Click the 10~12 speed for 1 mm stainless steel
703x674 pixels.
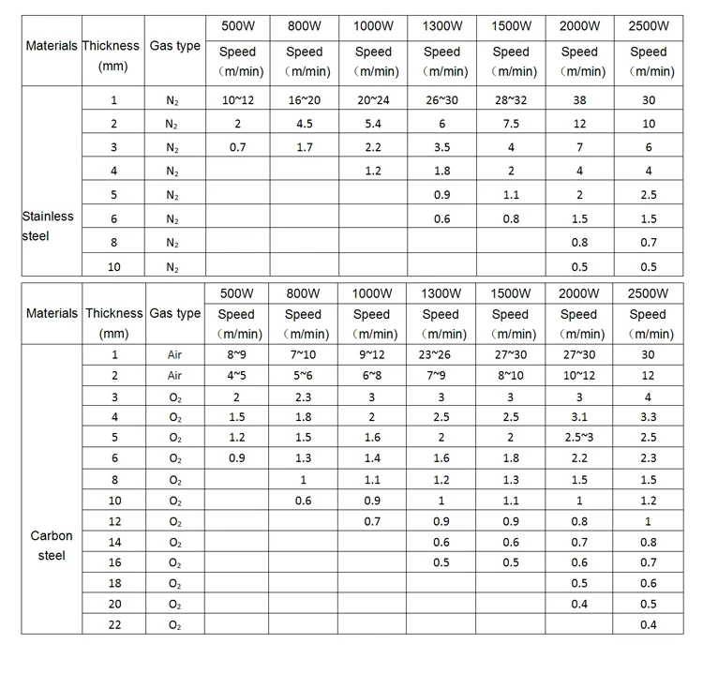237,99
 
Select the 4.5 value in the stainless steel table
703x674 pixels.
304,124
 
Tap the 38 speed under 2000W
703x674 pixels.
579,99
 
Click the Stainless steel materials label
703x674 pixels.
49,226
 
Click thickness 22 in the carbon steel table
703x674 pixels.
114,624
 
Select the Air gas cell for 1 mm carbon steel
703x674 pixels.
175,355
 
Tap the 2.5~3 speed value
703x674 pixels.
579,438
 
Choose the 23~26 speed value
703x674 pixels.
441,355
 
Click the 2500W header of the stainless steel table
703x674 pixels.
649,25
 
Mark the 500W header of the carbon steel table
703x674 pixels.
237,293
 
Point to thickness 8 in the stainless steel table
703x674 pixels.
114,243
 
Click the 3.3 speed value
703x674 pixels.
648,417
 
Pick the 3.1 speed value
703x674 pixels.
579,417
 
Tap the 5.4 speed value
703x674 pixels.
372,124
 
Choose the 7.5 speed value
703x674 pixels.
510,124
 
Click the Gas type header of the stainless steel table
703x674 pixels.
175,46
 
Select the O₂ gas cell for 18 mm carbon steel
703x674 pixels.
175,583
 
